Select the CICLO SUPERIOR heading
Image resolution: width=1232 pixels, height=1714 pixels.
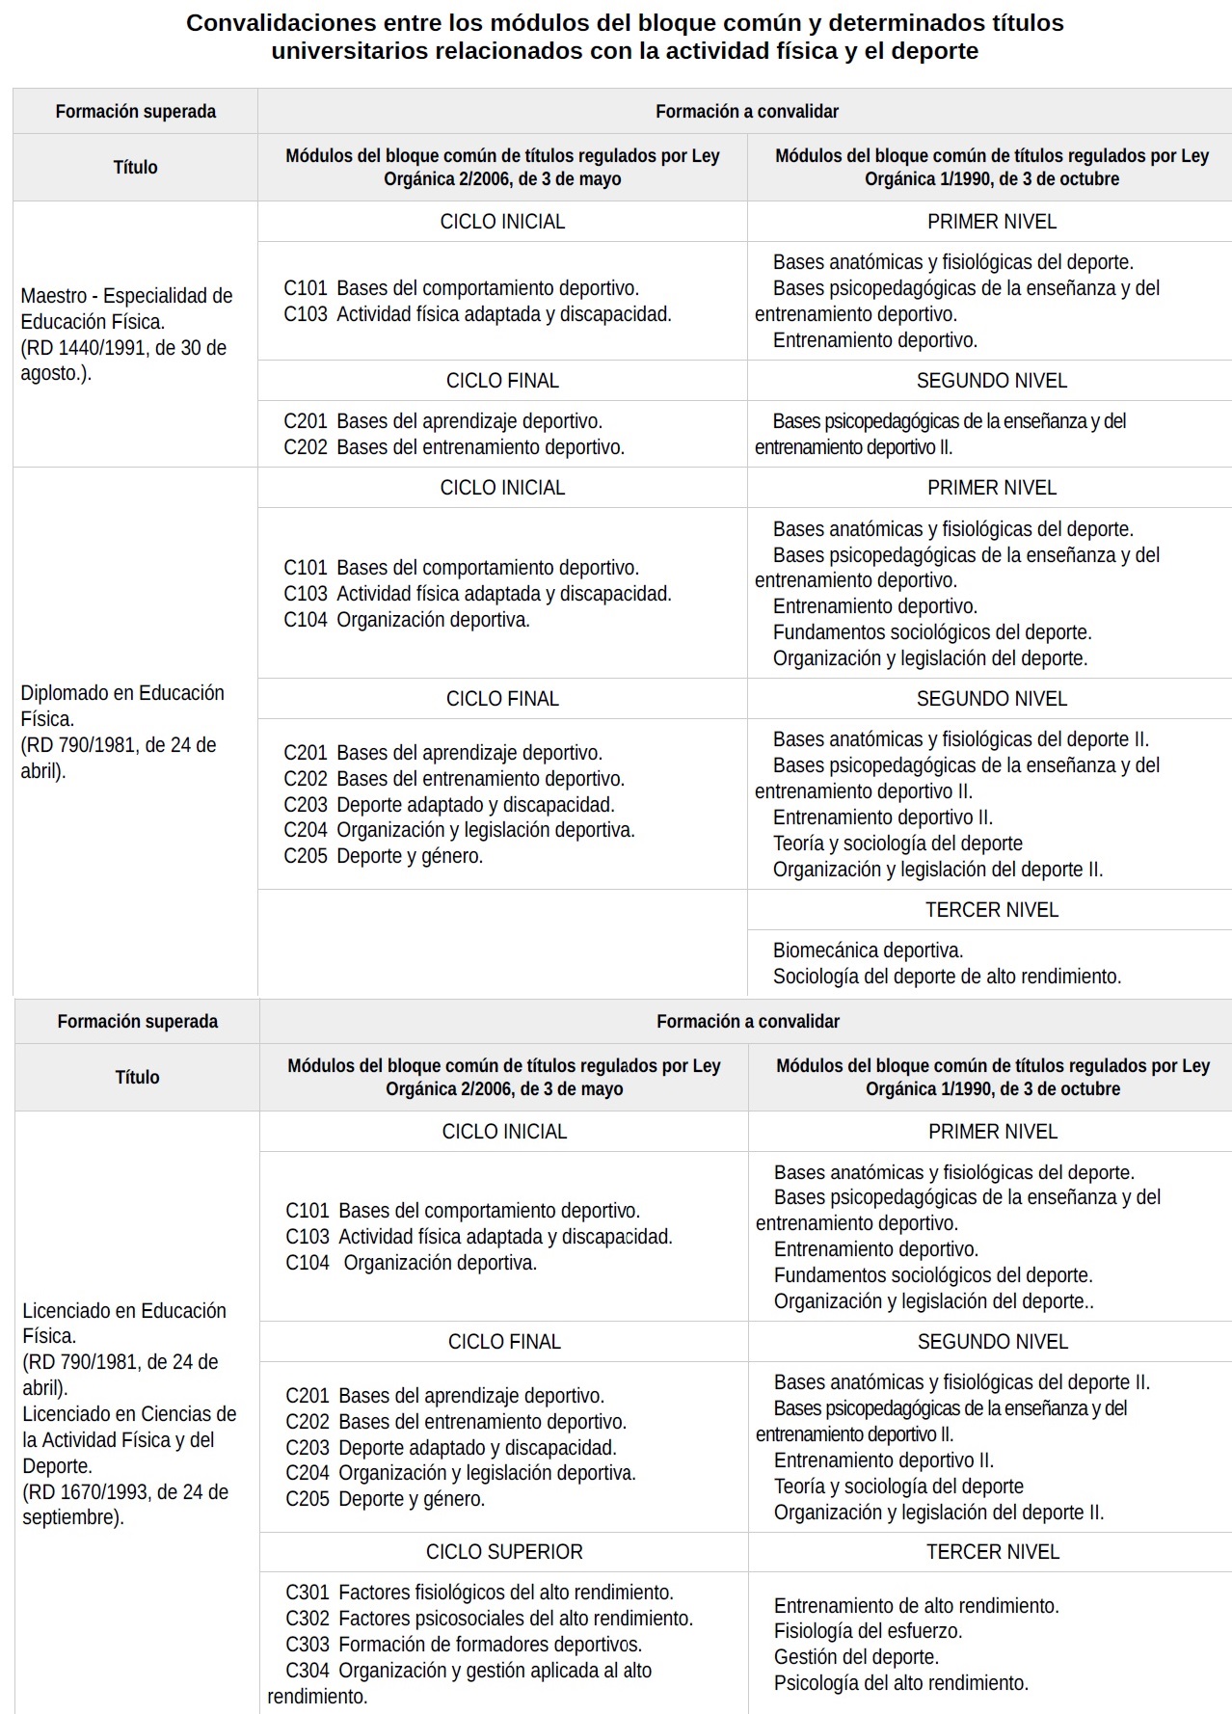(504, 1552)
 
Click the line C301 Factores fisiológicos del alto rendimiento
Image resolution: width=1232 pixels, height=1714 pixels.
(479, 1593)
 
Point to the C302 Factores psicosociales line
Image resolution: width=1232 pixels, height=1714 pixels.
(489, 1619)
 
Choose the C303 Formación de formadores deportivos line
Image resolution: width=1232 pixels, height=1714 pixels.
(464, 1645)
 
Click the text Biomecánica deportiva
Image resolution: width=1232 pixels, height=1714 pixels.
(868, 951)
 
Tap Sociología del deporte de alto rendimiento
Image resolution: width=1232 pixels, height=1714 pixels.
(947, 977)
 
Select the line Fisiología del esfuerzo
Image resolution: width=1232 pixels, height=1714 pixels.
(868, 1631)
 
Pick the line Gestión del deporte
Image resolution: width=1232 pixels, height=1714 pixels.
(856, 1657)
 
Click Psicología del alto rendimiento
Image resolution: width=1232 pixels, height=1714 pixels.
(900, 1683)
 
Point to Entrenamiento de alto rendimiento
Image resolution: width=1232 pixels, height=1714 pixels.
(916, 1605)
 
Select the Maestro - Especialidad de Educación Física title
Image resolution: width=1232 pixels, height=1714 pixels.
(126, 308)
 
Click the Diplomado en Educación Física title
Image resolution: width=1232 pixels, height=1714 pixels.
(121, 706)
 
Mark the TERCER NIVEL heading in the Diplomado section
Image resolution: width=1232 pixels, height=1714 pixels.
(991, 910)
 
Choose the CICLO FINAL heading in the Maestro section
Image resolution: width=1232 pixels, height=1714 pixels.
(502, 381)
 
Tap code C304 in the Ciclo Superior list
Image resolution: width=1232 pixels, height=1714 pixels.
(307, 1671)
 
